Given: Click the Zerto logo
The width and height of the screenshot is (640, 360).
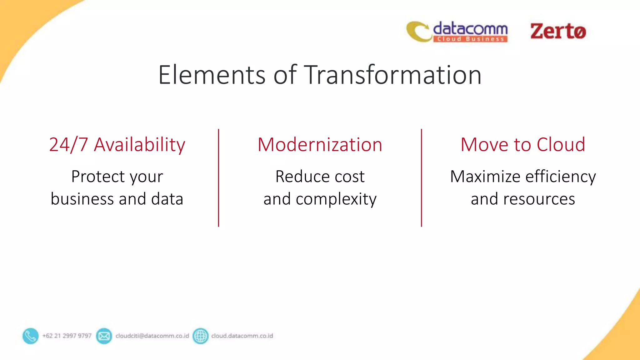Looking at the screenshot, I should click(558, 31).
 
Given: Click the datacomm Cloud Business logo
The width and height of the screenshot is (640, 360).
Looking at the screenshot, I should click(457, 32).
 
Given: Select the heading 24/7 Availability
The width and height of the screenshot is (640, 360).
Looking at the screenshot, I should click(117, 145).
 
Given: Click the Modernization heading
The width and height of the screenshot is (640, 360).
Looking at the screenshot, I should click(320, 145).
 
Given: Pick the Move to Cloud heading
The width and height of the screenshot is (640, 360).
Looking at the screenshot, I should click(523, 145).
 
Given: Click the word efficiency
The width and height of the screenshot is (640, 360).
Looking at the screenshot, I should click(561, 177).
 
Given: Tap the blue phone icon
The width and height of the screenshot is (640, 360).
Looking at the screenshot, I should click(31, 336).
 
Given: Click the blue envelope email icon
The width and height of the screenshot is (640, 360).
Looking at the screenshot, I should click(104, 336).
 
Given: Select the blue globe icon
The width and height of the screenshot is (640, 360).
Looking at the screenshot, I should click(200, 336).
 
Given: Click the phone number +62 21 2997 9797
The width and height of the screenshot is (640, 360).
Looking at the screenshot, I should click(67, 336).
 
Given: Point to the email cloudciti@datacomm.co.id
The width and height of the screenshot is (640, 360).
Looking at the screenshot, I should click(152, 336).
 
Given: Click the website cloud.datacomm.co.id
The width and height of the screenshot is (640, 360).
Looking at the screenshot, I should click(242, 336).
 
